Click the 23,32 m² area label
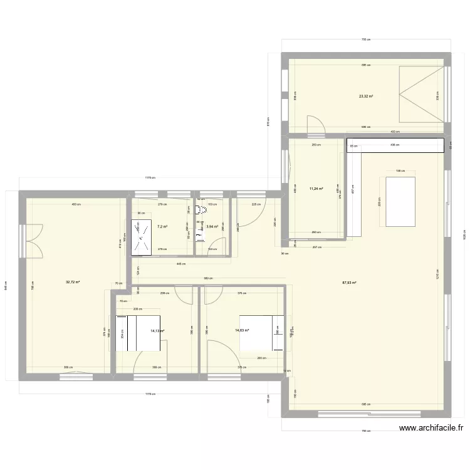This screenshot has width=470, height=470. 366,97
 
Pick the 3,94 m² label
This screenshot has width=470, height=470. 212,226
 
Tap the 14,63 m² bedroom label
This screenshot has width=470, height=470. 243,330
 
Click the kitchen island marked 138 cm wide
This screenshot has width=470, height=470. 399,202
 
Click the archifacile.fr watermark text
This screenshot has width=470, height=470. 432,429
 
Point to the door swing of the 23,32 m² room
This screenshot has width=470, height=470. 316,125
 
